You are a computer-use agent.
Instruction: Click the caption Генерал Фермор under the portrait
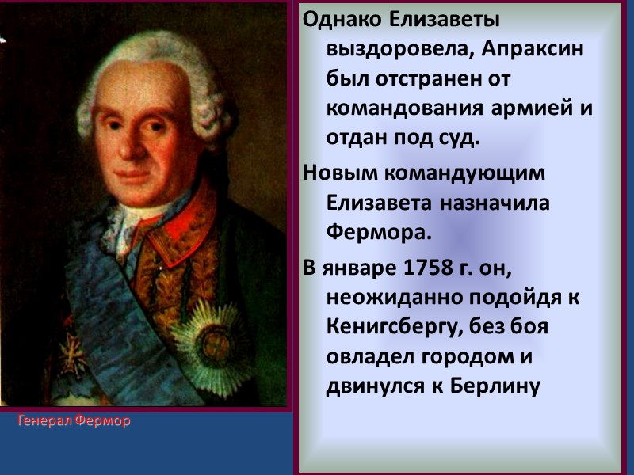click(x=74, y=421)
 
